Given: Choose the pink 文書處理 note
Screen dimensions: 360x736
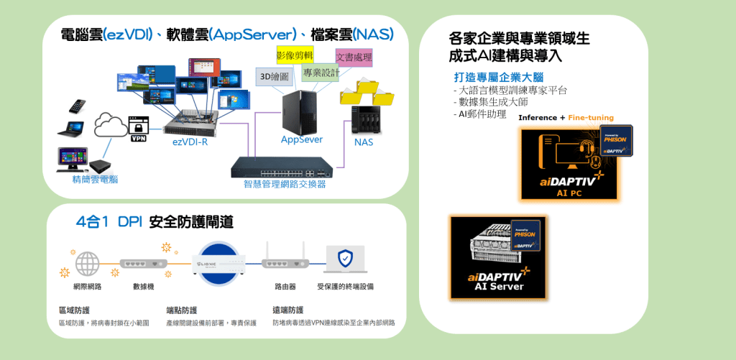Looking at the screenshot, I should [x=354, y=57].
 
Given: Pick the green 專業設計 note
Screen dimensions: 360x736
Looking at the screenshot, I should [x=321, y=73].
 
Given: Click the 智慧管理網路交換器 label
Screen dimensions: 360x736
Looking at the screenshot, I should [x=284, y=184].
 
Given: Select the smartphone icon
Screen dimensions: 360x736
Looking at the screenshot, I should [x=78, y=106].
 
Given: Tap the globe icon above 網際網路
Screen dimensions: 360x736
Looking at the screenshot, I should [x=87, y=263].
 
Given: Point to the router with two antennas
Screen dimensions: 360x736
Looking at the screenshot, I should [x=285, y=264].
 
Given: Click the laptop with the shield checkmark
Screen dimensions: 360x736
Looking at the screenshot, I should [x=345, y=260].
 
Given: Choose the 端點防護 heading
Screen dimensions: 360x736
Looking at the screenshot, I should [x=181, y=310].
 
